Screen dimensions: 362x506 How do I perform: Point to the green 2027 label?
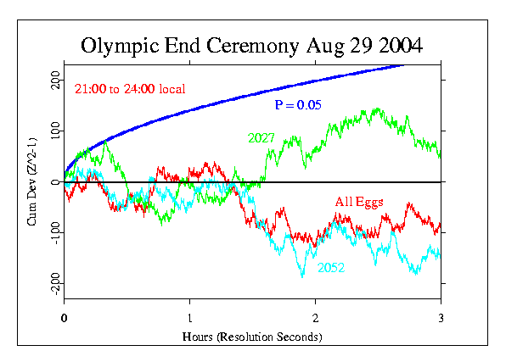coord(261,137)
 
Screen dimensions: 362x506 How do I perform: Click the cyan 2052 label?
coord(331,268)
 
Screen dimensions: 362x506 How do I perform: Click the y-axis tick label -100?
coord(53,231)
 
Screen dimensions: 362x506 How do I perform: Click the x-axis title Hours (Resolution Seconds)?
coord(252,337)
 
